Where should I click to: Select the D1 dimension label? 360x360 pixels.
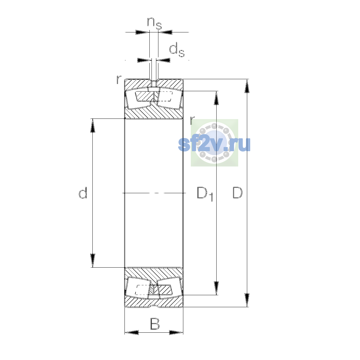205,194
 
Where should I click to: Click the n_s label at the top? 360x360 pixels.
154,23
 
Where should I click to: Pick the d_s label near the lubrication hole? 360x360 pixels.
177,50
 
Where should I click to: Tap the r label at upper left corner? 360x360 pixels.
119,79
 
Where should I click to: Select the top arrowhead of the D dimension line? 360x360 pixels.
247,86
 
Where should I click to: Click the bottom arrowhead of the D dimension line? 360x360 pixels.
247,300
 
